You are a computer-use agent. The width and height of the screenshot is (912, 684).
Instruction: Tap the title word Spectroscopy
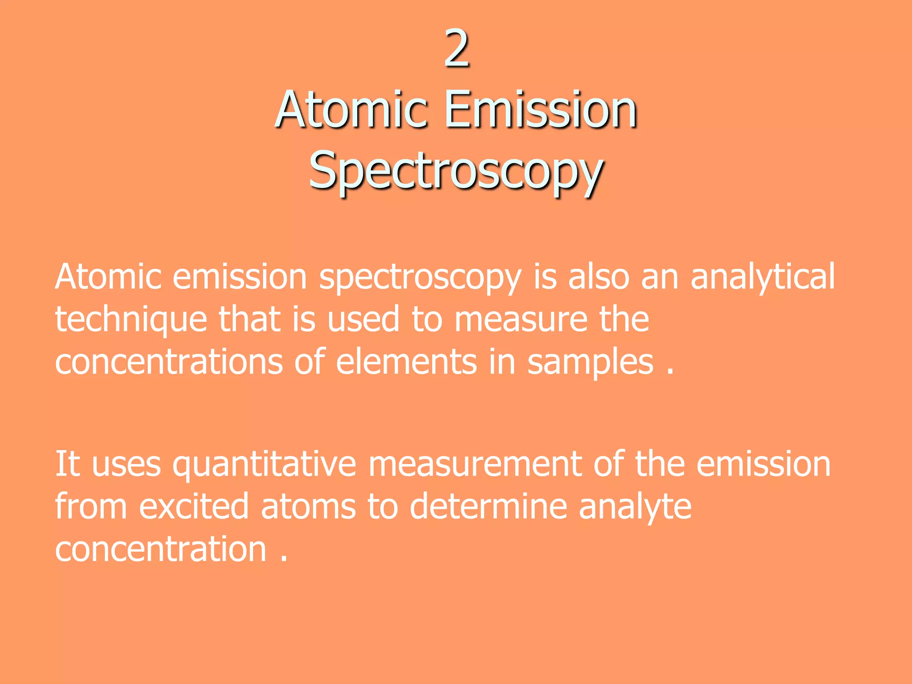point(456,172)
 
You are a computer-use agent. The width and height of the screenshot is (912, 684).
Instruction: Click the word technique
point(131,320)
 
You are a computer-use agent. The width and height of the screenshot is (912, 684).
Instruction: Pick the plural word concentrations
point(169,362)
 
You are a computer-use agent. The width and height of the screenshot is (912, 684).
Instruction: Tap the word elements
point(406,362)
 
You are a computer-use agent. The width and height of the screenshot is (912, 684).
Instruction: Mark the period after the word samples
point(670,372)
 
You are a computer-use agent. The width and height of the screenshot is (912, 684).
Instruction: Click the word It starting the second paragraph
point(67,464)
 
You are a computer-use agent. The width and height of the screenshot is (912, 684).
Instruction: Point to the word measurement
point(474,464)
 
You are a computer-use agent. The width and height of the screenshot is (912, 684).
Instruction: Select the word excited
point(194,507)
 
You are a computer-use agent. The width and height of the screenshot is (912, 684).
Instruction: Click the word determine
point(488,507)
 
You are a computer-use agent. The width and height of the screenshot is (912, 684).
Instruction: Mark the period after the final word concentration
point(284,559)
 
